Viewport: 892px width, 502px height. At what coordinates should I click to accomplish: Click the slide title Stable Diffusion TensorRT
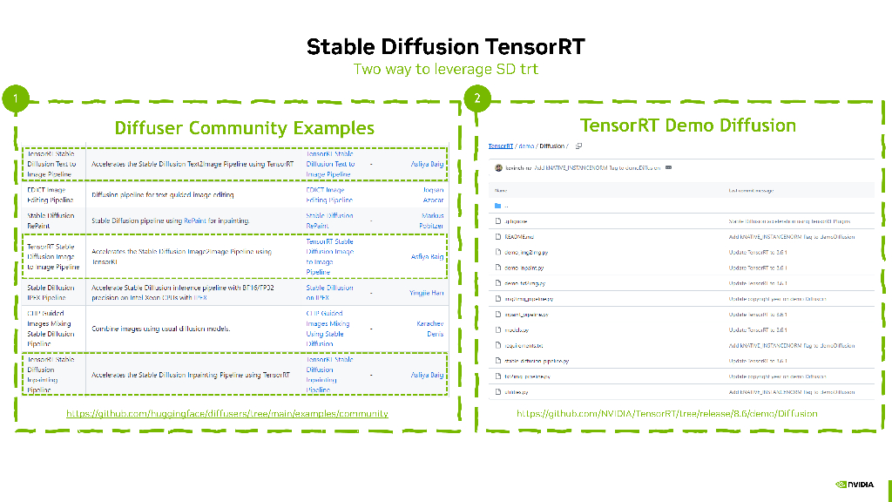(x=445, y=47)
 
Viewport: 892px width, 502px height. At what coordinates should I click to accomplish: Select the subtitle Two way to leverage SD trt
(x=445, y=69)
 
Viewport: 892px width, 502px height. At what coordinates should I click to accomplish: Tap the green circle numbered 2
(x=476, y=98)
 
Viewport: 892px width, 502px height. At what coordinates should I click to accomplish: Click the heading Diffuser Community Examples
(x=244, y=128)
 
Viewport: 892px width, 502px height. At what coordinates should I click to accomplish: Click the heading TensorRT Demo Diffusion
(x=687, y=125)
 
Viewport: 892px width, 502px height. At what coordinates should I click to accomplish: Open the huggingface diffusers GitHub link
(x=227, y=413)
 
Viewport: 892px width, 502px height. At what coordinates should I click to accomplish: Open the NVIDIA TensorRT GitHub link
(x=666, y=413)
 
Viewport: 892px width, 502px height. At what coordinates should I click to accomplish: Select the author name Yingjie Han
(x=426, y=293)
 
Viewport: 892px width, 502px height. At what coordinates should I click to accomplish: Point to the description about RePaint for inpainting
(x=170, y=220)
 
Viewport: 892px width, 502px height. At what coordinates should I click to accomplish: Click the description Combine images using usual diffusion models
(x=161, y=329)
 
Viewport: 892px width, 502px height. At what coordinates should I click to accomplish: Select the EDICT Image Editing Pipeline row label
(x=51, y=194)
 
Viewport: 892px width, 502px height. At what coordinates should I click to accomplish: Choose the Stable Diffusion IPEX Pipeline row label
(x=51, y=292)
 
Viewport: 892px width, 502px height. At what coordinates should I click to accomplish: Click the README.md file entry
(x=519, y=237)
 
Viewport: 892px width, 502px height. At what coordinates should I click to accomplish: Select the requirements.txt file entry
(x=524, y=345)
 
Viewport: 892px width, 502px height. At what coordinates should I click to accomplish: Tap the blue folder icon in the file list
(x=498, y=206)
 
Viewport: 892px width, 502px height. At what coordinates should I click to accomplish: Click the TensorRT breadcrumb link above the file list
(x=500, y=146)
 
